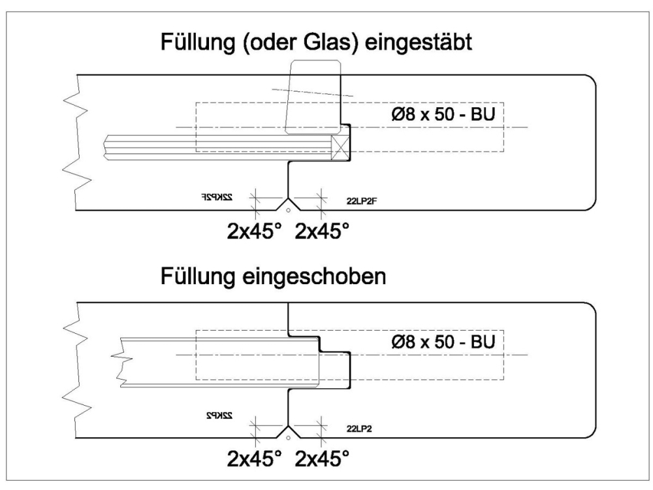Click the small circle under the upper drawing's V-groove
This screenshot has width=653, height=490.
[289, 210]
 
